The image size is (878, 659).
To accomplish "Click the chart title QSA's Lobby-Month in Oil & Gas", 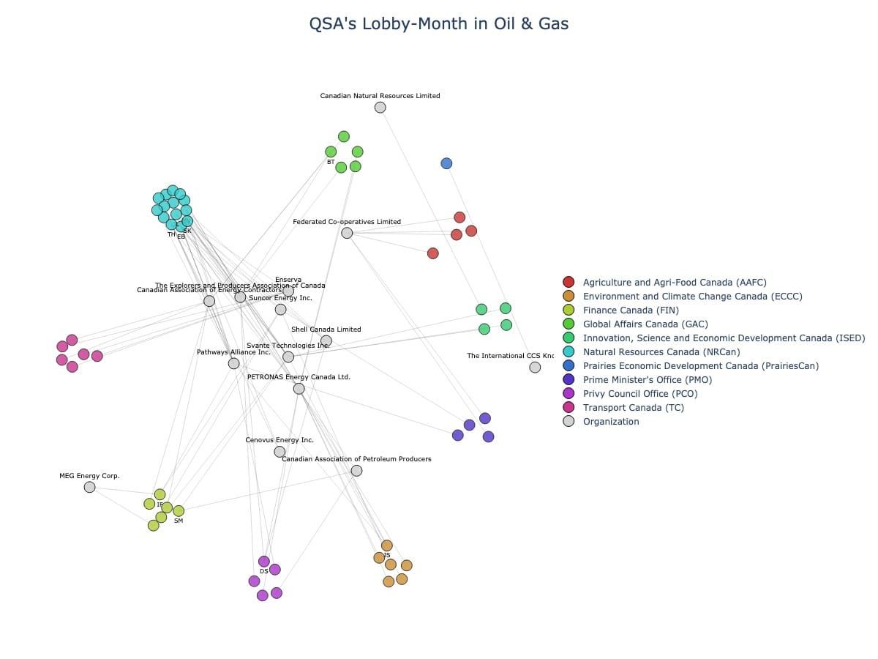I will click(438, 23).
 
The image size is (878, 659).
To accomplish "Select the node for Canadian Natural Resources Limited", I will click(380, 108).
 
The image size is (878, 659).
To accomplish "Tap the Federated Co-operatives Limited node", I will click(347, 233).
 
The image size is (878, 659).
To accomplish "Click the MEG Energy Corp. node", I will click(89, 487).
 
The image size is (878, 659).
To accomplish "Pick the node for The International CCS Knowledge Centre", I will click(535, 367).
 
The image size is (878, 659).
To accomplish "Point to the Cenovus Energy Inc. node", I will click(279, 452).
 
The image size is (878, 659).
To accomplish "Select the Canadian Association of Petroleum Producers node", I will click(356, 470).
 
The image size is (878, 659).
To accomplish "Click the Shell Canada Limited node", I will click(326, 340).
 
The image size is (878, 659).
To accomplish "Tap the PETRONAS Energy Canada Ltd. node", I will click(299, 388).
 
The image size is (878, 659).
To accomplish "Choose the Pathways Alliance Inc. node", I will click(233, 363).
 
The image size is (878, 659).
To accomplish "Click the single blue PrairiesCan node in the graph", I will click(446, 163).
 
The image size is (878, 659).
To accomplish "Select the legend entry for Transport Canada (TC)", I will click(633, 407).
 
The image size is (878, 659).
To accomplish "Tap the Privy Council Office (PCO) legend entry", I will click(639, 393).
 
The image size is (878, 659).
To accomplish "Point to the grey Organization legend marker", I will click(569, 421).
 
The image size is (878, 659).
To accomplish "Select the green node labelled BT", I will click(331, 152).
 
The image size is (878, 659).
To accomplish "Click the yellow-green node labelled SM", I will click(179, 510).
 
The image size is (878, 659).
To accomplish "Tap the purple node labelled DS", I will click(264, 562).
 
